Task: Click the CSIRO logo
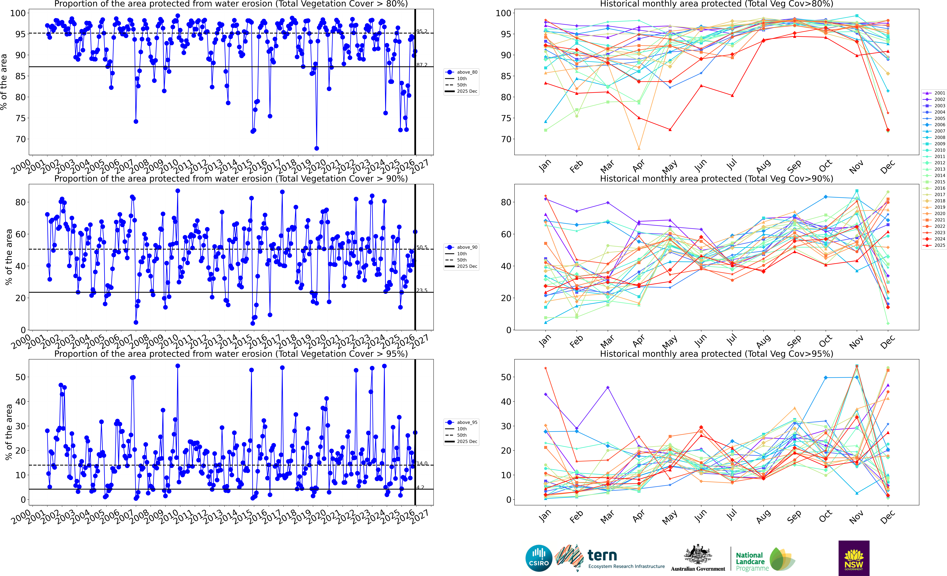(539, 558)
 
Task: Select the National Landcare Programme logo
(765, 559)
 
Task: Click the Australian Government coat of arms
(698, 555)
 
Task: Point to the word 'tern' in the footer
(602, 555)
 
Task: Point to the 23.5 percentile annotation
(422, 290)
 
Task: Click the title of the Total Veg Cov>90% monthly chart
(716, 179)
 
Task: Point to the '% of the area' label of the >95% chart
(8, 432)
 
